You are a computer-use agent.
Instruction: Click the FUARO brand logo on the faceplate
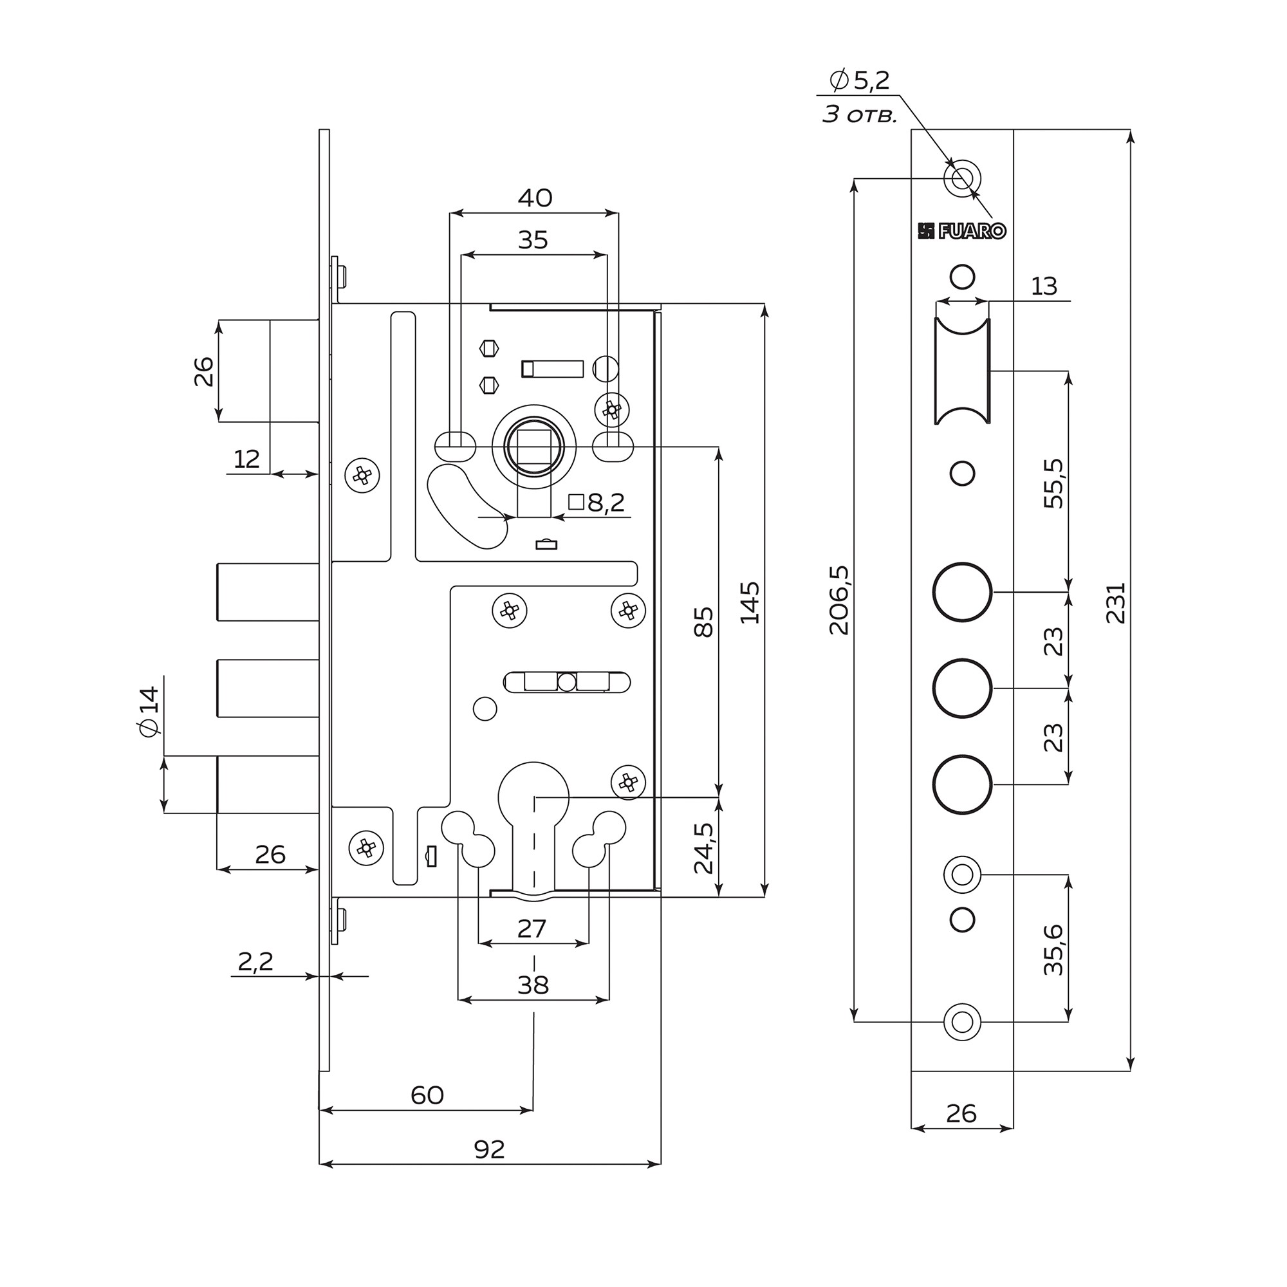[x=961, y=231]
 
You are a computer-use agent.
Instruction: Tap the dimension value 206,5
[x=839, y=600]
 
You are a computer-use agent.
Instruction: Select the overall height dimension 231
[x=1116, y=603]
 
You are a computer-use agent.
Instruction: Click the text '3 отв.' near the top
[x=859, y=115]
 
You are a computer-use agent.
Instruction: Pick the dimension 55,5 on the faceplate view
[x=1054, y=484]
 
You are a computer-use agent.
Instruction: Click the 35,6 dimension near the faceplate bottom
[x=1054, y=950]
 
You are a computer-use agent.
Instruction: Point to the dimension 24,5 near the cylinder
[x=703, y=848]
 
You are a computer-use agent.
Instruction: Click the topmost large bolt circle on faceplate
[x=962, y=592]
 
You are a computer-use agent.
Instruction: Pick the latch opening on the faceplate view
[x=962, y=371]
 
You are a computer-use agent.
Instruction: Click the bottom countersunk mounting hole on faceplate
[x=962, y=1021]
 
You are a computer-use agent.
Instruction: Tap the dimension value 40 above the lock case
[x=535, y=198]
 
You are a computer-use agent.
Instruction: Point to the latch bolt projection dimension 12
[x=246, y=459]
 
